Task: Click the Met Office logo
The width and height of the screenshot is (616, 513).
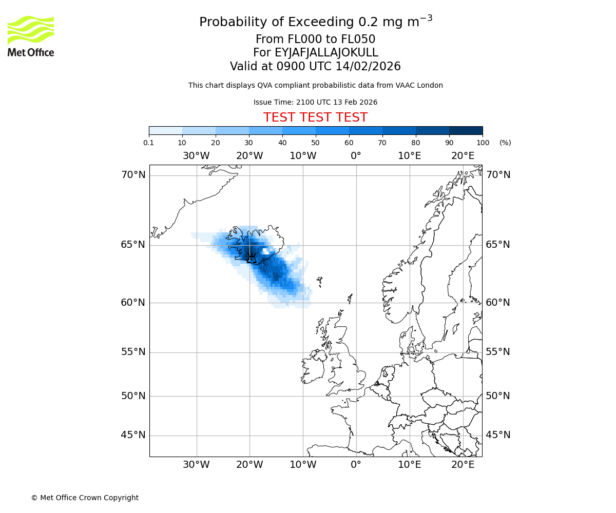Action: (x=31, y=36)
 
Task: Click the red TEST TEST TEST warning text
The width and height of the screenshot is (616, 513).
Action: (x=315, y=117)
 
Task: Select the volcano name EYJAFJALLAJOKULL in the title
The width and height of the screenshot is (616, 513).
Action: (x=326, y=53)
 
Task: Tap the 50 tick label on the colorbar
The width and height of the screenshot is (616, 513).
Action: (x=315, y=143)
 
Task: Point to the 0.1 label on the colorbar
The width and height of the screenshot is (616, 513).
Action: (x=149, y=143)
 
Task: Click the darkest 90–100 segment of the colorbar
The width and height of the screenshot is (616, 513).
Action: (x=466, y=130)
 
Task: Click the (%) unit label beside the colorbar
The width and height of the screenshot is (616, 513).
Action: (x=505, y=143)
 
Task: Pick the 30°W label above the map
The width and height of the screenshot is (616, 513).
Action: (x=196, y=156)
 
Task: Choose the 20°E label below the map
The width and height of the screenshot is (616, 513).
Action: (x=463, y=465)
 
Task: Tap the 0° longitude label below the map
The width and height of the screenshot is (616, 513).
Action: (x=356, y=465)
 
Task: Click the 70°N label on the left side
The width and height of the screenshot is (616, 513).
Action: (x=133, y=175)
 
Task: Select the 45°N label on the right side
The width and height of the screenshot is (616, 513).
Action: (x=498, y=435)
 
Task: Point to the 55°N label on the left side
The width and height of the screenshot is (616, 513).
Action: (x=133, y=352)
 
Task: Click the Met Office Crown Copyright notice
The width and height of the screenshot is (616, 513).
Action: (x=85, y=498)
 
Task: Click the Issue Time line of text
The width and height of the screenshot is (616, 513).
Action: (x=315, y=102)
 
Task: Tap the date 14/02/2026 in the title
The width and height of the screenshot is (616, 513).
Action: (x=368, y=67)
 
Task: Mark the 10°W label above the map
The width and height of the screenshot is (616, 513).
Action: (x=302, y=156)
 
